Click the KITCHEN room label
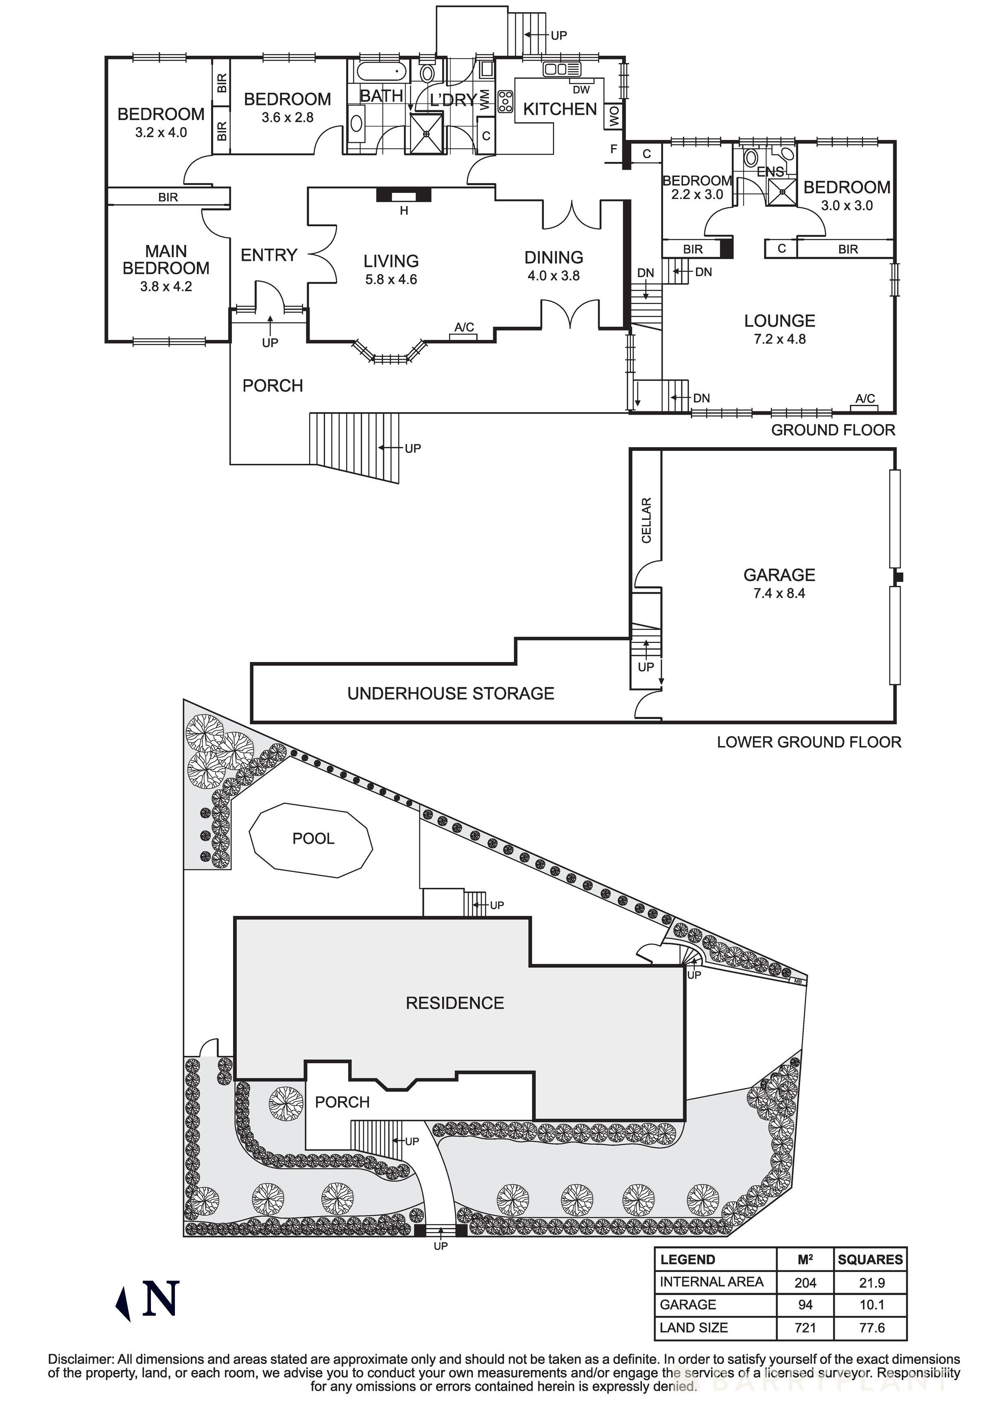click(x=559, y=109)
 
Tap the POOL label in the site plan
click(x=313, y=839)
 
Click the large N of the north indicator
click(x=161, y=1298)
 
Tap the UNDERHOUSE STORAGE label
click(x=451, y=694)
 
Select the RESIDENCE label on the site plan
click(x=454, y=1003)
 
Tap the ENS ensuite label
click(x=770, y=172)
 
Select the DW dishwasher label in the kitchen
click(x=581, y=90)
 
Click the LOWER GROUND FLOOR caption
click(x=809, y=742)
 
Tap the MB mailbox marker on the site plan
click(x=799, y=981)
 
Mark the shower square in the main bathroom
click(x=426, y=133)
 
